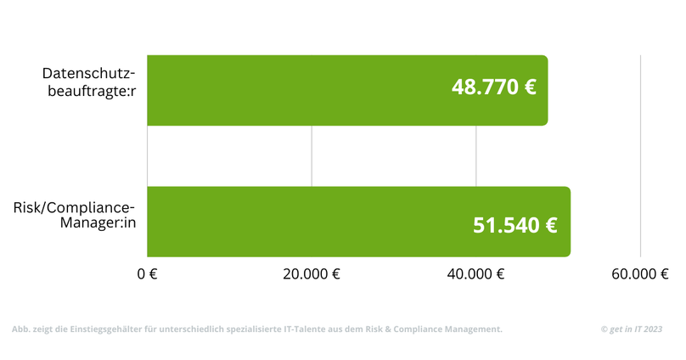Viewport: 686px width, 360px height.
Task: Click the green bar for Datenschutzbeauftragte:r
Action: coord(297,90)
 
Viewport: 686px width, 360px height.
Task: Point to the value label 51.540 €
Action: coord(514,226)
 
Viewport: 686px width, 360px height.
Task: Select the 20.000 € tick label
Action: coord(312,273)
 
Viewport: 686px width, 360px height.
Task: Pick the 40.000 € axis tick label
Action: coord(476,273)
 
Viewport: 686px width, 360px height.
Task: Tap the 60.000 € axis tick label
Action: coord(640,273)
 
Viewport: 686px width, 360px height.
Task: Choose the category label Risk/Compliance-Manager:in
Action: coord(74,215)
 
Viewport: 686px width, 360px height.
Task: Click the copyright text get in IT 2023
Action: coord(631,329)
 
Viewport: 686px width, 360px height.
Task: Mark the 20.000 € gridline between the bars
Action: coord(312,156)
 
